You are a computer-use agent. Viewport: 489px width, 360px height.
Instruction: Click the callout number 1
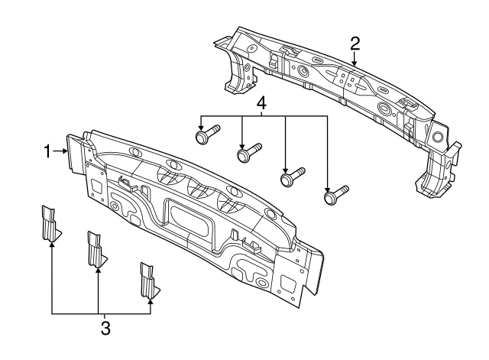[47, 152]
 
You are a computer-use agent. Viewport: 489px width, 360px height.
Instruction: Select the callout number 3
[105, 329]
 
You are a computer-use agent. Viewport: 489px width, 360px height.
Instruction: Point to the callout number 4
[261, 102]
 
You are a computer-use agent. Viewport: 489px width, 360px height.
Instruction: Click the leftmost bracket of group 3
[50, 222]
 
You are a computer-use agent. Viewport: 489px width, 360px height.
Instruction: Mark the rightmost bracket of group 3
[148, 281]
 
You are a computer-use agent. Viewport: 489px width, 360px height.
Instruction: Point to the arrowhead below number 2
[355, 59]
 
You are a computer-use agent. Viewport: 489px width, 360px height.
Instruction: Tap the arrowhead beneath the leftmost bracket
[52, 242]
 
